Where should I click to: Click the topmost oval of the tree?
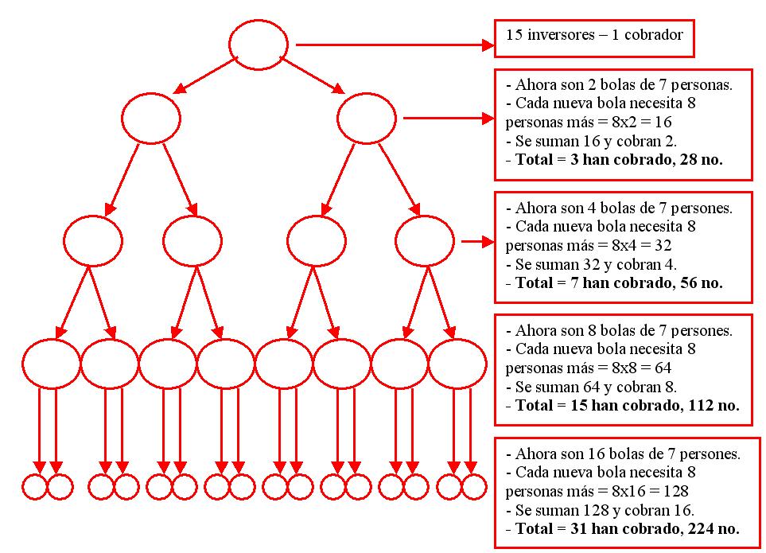click(259, 44)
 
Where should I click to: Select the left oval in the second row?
click(151, 119)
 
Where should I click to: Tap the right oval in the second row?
click(367, 119)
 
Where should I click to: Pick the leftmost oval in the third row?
click(93, 240)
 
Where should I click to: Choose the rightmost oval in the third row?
click(425, 240)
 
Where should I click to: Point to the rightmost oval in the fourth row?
click(457, 364)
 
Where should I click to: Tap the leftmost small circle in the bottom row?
click(35, 486)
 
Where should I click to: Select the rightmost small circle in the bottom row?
click(473, 486)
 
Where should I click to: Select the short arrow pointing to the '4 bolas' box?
click(477, 241)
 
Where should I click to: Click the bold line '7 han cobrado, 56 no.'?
click(628, 282)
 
